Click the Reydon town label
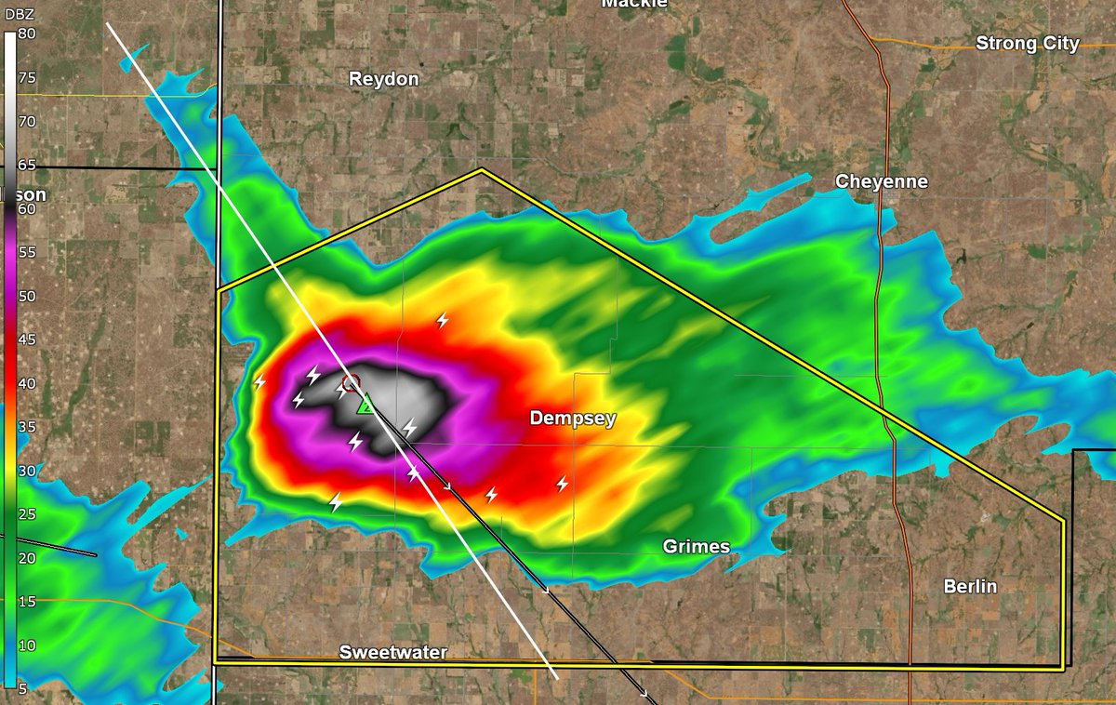[x=384, y=79]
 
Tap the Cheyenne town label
[x=881, y=181]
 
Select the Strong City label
[x=1027, y=44]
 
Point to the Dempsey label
[x=573, y=419]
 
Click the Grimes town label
[x=696, y=546]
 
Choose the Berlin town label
[x=970, y=586]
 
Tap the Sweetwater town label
[x=392, y=652]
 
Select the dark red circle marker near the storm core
[x=351, y=382]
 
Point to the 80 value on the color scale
[x=26, y=34]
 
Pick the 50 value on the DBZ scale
[x=26, y=296]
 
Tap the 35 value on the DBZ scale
[x=26, y=427]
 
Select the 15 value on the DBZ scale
[x=26, y=602]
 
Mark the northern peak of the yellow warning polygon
[x=481, y=170]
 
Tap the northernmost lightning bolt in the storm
[x=443, y=321]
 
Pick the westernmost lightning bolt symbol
[x=259, y=382]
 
